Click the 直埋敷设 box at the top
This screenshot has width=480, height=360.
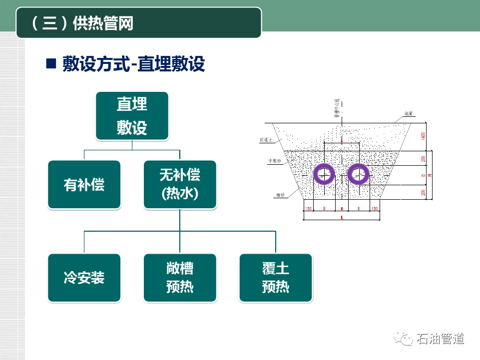tap(132, 115)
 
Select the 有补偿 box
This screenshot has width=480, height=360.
tap(84, 184)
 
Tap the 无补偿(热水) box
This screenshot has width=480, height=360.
tap(179, 184)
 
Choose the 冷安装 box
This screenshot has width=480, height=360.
tap(84, 278)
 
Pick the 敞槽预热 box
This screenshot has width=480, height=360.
tap(179, 278)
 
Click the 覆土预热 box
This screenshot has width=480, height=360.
tap(275, 278)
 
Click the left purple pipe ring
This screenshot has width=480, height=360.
tap(324, 174)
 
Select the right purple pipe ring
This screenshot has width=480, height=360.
tap(358, 174)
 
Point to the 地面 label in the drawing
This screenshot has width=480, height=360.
tap(408, 114)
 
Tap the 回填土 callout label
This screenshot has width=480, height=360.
tap(266, 140)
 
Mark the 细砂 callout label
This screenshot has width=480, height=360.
tap(280, 196)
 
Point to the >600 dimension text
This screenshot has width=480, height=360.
tap(423, 136)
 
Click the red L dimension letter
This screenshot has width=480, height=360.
tap(342, 218)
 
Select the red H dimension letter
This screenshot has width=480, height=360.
tap(430, 176)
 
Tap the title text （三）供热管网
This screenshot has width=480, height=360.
tap(82, 23)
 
